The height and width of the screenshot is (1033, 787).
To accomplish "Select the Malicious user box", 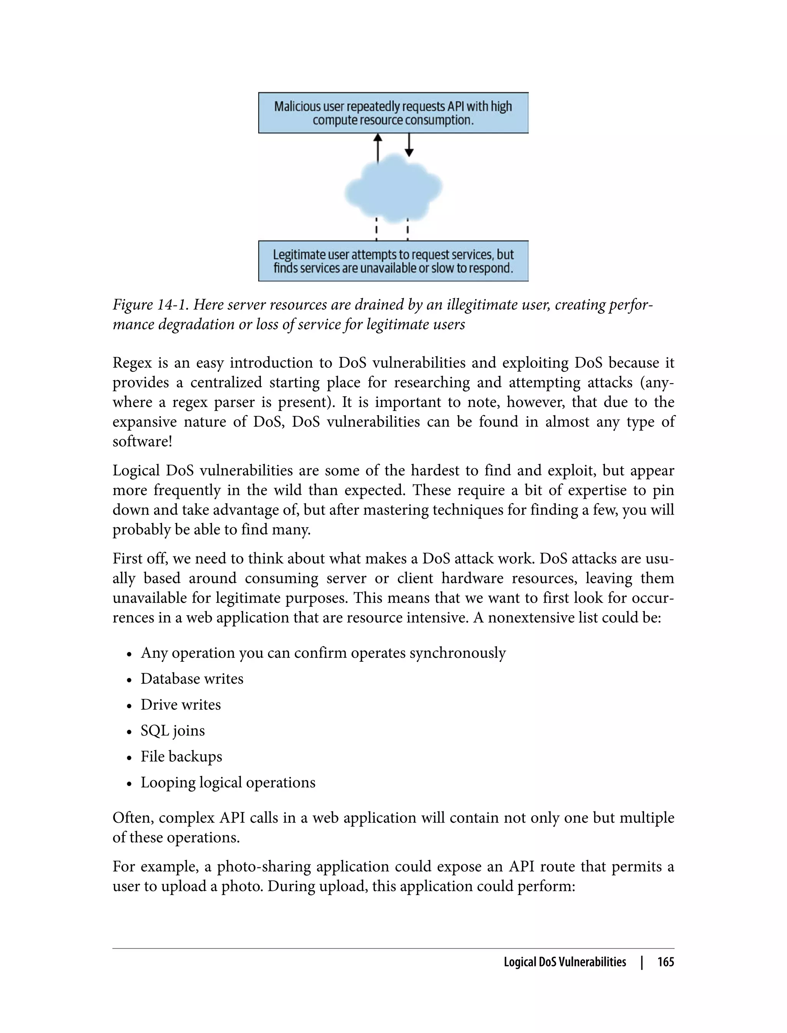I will click(x=393, y=113).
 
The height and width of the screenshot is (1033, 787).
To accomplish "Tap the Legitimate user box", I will click(x=393, y=261).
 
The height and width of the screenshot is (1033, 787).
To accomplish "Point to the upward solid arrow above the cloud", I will click(x=378, y=148).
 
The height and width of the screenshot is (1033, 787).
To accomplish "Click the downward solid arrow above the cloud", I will click(x=409, y=144).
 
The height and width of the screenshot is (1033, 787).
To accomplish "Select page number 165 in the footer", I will click(x=665, y=962).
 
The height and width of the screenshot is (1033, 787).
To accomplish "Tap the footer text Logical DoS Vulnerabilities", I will click(x=565, y=962).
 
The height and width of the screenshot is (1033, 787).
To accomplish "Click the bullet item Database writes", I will click(x=192, y=679).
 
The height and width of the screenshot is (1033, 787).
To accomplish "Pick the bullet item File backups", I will click(x=181, y=757).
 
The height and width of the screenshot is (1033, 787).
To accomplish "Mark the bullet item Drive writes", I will click(x=180, y=704).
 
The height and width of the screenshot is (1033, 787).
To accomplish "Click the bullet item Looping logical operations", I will click(x=227, y=782).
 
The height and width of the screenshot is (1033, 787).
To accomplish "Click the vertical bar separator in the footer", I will click(x=642, y=962).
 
